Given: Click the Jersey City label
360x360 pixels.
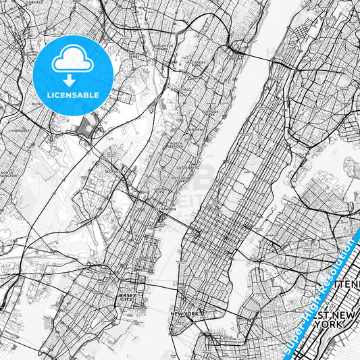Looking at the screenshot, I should coord(126,297).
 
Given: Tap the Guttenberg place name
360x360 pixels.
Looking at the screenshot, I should coord(185,165).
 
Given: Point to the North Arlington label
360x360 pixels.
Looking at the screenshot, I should coord(9,174).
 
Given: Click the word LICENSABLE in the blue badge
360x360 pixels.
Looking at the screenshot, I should coord(73,95).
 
